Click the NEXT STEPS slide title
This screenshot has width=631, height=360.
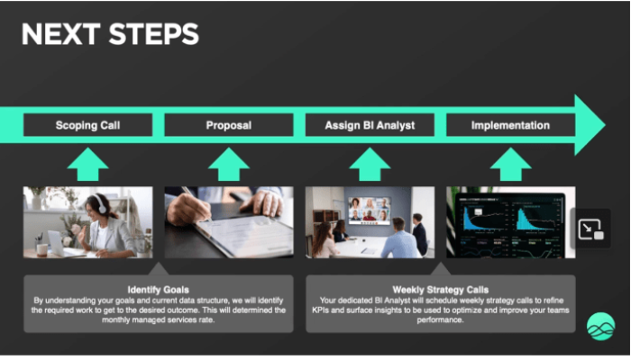click(110, 34)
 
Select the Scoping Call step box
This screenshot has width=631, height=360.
click(87, 125)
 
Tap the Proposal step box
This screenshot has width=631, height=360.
click(229, 125)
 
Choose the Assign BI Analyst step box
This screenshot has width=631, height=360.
click(370, 125)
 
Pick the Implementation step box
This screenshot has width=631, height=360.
click(511, 125)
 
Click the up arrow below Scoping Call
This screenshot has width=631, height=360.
click(87, 165)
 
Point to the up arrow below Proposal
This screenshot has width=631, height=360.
click(229, 165)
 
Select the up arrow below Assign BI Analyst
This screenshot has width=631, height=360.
click(370, 165)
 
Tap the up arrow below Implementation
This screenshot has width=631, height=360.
click(511, 165)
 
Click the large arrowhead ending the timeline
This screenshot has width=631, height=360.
click(589, 125)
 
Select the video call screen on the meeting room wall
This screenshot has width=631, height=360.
click(370, 210)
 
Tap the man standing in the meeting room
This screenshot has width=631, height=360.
click(419, 234)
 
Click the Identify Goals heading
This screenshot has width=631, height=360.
click(158, 290)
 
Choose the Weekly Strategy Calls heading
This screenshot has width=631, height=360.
click(441, 290)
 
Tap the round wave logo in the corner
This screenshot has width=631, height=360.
click(601, 327)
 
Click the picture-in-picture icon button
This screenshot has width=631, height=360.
click(590, 229)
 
